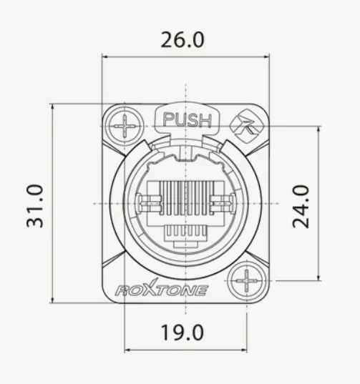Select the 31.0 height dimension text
coord(36,206)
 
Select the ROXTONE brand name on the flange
coord(162,290)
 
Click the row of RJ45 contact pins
coord(185,199)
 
